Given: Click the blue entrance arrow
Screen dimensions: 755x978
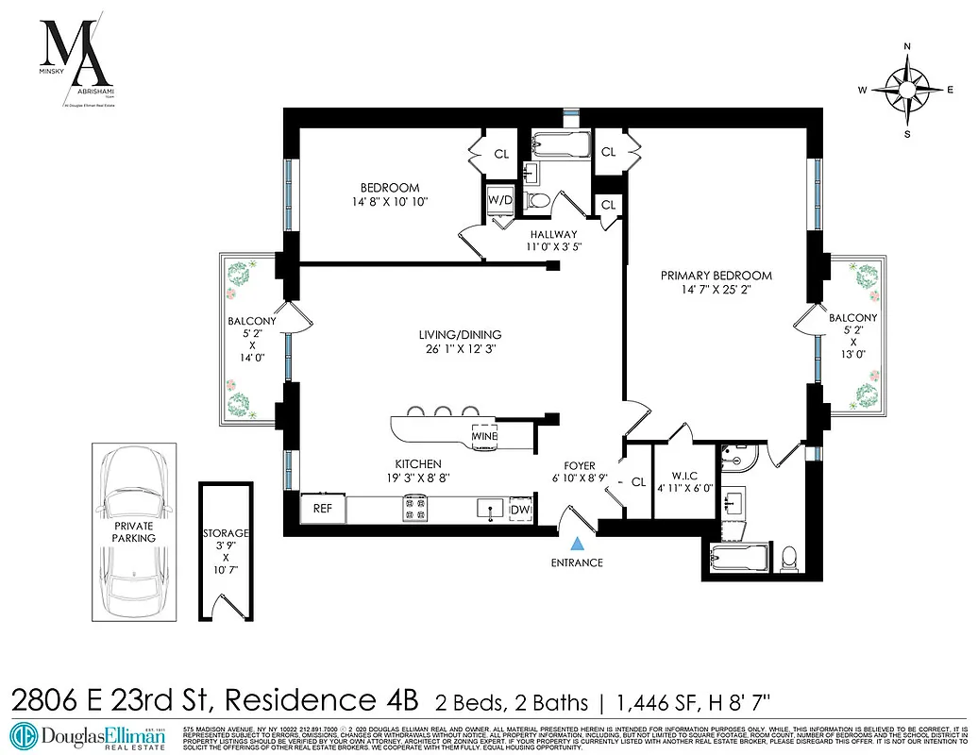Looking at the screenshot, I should [577, 543].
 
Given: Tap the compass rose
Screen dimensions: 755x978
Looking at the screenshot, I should [907, 90].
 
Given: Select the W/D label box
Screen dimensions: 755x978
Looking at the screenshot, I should [499, 199].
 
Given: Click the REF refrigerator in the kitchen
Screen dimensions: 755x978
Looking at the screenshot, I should [323, 509].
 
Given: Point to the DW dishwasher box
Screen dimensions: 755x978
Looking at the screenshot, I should [520, 510].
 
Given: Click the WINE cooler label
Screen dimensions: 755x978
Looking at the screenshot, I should [485, 437].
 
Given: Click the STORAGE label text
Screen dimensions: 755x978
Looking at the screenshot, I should [226, 534].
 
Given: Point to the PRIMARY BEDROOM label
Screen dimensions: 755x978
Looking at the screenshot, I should [716, 276].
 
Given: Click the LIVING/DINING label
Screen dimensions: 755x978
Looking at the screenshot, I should [460, 334].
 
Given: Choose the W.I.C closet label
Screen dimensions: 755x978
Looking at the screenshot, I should [684, 475].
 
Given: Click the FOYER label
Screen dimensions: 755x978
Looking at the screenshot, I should [580, 465].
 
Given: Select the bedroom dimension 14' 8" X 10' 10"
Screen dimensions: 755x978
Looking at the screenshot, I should [389, 202].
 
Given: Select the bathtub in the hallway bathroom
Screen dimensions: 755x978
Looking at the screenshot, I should [558, 146].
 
